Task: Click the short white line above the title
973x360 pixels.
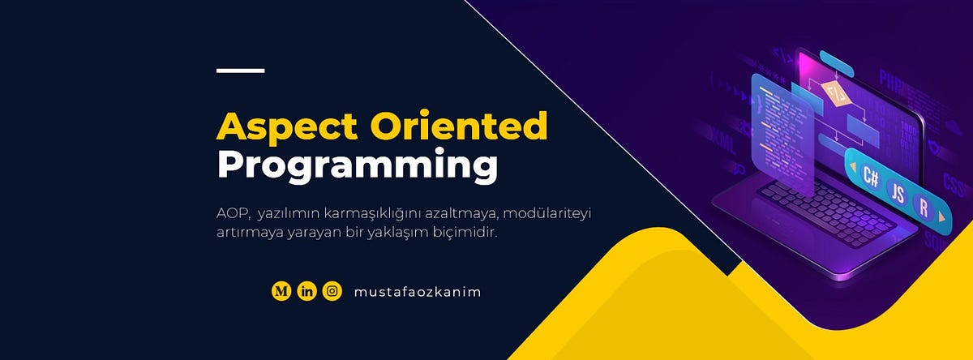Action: pos(241,71)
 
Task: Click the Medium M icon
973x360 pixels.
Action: pos(281,291)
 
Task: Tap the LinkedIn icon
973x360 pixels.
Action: pos(306,291)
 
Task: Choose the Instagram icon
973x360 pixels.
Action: pos(332,291)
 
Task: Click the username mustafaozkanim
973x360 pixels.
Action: pos(418,292)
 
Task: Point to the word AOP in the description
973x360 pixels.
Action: pos(231,214)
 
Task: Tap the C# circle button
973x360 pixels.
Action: pos(872,175)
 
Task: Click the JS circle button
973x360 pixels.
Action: pos(897,192)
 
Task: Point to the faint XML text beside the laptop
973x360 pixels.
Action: pos(720,146)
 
